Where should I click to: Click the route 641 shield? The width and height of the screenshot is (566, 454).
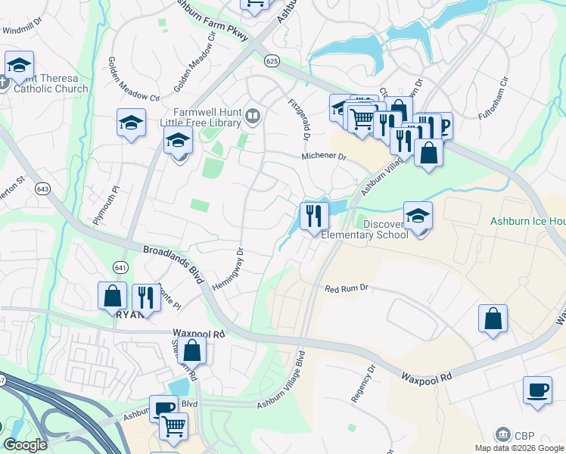[121, 267]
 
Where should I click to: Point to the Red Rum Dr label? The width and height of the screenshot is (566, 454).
[346, 288]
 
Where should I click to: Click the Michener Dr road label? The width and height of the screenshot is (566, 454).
[323, 157]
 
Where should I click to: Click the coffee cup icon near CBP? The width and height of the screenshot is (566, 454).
[537, 390]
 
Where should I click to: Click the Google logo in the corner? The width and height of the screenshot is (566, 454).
[25, 445]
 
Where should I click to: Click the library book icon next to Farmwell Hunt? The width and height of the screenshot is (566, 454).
[253, 117]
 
